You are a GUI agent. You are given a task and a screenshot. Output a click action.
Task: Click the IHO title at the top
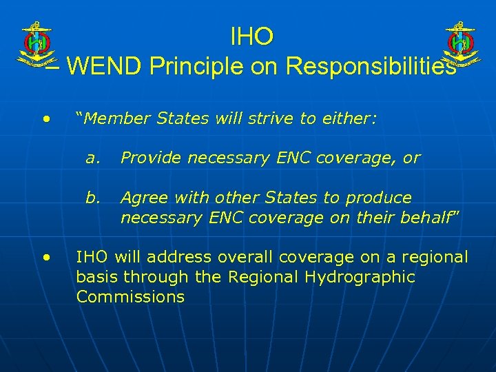(252, 36)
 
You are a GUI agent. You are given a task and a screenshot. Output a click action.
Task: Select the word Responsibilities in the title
(370, 66)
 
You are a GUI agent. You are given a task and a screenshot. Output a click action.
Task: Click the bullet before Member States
(45, 119)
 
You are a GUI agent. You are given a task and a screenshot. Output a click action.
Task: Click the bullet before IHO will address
(45, 258)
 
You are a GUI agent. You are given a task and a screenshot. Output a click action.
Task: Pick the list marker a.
(91, 158)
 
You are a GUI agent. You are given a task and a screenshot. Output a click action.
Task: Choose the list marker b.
(92, 198)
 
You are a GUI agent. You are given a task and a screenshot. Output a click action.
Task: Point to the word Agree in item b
(143, 198)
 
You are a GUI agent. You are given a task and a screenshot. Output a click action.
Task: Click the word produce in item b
(379, 198)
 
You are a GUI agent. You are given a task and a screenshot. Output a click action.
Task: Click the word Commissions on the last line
(131, 297)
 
